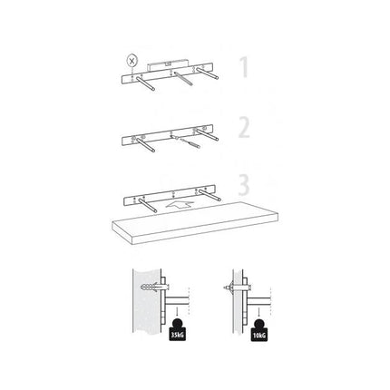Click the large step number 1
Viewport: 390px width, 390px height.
pyautogui.click(x=244, y=67)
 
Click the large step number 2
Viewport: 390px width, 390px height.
pyautogui.click(x=244, y=128)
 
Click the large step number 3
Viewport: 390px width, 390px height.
pyautogui.click(x=244, y=184)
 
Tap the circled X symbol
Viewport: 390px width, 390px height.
pyautogui.click(x=132, y=61)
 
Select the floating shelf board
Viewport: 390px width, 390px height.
pyautogui.click(x=195, y=223)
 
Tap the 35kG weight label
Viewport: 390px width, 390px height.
pyautogui.click(x=177, y=335)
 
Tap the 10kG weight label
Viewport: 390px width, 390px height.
pyautogui.click(x=259, y=336)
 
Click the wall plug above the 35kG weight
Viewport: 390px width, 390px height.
pyautogui.click(x=154, y=287)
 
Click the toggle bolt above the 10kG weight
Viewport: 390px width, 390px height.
pyautogui.click(x=237, y=287)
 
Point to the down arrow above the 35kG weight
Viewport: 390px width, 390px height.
pyautogui.click(x=177, y=311)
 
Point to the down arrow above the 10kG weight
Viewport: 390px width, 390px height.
pyautogui.click(x=258, y=311)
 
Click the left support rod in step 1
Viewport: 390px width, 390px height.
pyautogui.click(x=145, y=83)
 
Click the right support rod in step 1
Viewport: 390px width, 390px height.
pyautogui.click(x=208, y=73)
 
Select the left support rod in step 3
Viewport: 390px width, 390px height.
pyautogui.click(x=148, y=206)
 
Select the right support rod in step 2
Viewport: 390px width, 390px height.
pyautogui.click(x=208, y=135)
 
